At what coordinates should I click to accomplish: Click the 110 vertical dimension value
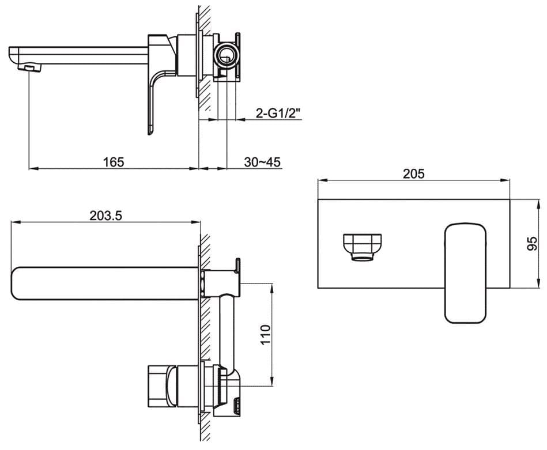265,334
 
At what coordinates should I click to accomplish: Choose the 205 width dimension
413,173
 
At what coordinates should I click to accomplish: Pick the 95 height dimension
532,244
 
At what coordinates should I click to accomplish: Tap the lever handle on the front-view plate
465,271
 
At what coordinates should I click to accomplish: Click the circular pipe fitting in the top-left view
225,56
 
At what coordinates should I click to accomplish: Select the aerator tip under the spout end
33,69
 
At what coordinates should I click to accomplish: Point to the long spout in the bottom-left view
104,283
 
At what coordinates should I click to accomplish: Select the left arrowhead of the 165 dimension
32,168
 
